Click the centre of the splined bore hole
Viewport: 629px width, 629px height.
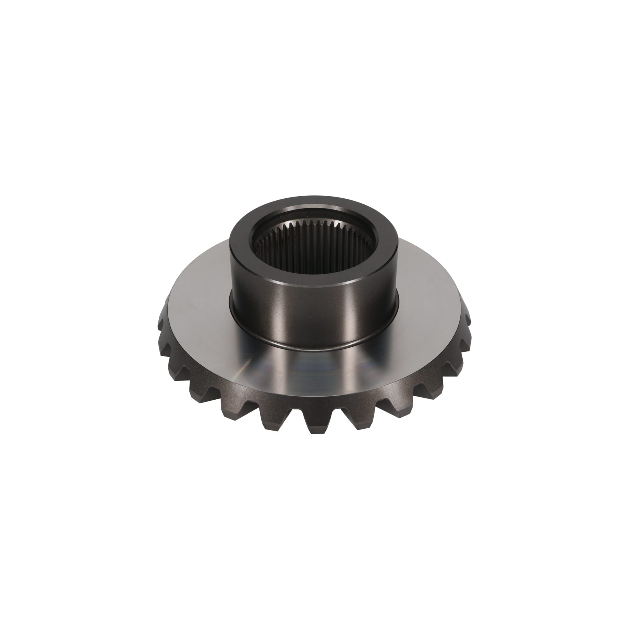click(x=314, y=248)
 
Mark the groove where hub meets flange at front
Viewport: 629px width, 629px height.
click(x=314, y=348)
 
